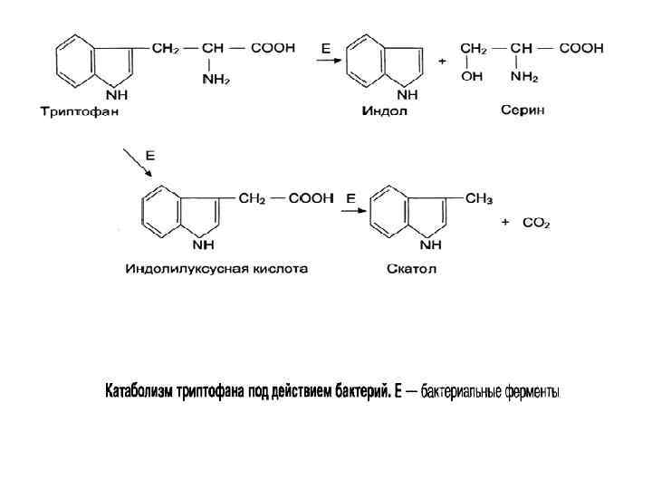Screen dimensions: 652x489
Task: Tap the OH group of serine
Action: click(472, 77)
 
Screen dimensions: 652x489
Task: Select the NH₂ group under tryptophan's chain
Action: click(216, 79)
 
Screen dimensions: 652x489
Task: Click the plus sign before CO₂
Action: click(505, 222)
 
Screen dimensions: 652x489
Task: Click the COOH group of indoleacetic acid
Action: click(311, 198)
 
